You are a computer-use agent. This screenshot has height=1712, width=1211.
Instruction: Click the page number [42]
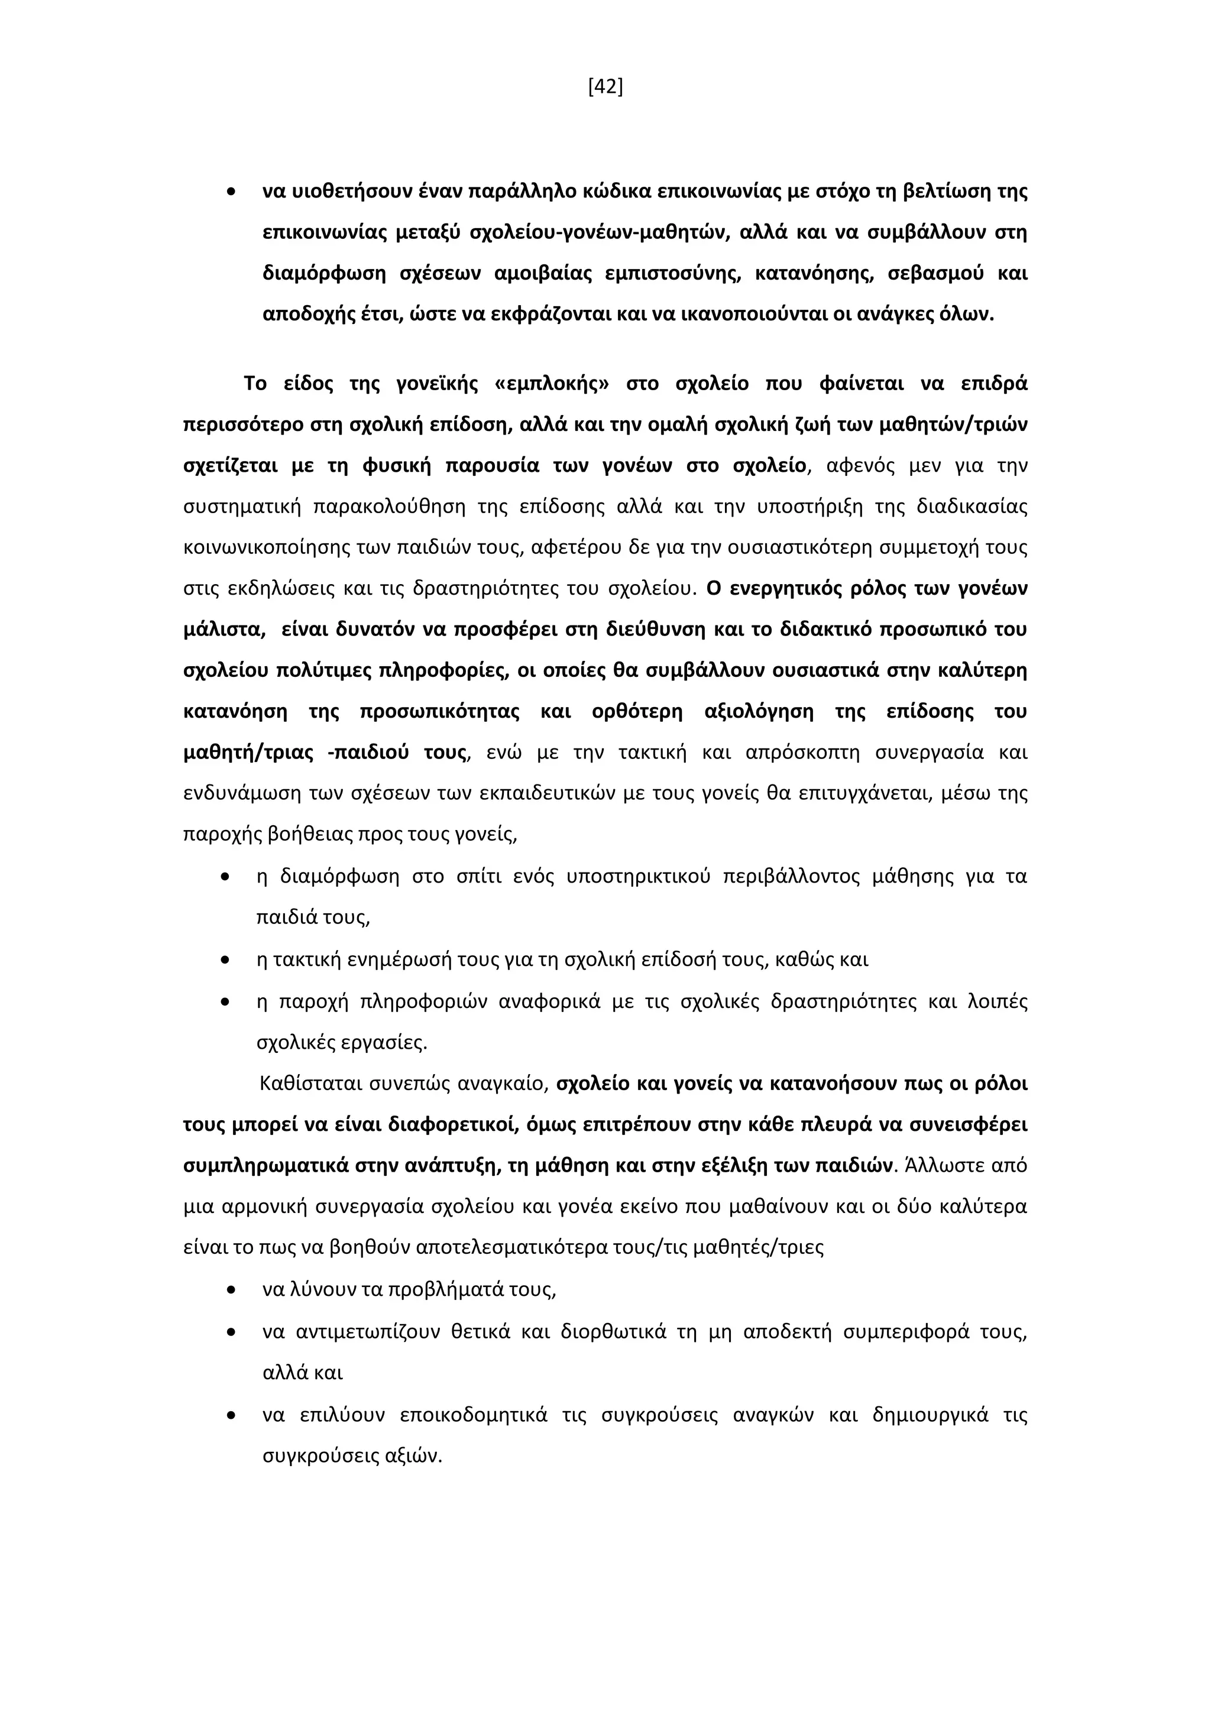pyautogui.click(x=605, y=87)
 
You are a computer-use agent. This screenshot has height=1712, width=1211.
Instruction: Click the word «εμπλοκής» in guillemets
pyautogui.click(x=551, y=384)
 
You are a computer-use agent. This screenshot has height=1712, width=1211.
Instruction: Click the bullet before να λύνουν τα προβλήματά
pyautogui.click(x=231, y=1290)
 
